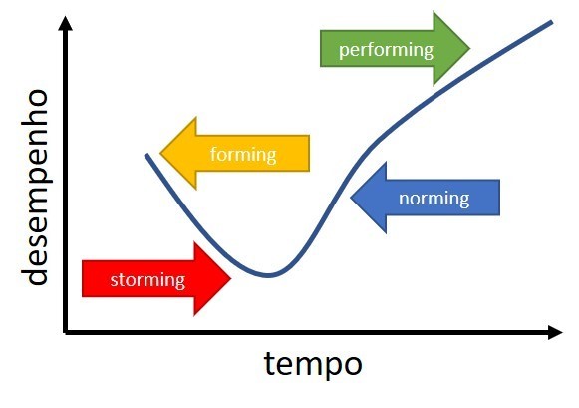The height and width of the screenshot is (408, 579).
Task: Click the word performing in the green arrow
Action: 386,50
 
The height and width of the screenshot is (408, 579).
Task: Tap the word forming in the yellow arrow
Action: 243,154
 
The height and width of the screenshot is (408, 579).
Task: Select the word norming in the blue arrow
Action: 434,199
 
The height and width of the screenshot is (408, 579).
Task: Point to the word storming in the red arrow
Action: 147,280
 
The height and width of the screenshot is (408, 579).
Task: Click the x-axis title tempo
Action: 313,365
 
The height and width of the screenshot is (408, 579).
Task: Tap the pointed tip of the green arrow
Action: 469,48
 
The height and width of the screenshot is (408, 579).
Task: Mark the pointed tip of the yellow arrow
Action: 159,153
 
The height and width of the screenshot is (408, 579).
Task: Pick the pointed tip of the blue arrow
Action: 351,198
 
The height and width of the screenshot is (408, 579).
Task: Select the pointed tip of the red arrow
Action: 231,279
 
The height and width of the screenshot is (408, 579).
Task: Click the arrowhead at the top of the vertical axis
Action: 66,17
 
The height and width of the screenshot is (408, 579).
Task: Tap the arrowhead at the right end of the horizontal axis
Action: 560,332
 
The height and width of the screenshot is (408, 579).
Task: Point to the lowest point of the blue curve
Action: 268,275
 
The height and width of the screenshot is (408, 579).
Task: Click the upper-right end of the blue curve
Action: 552,22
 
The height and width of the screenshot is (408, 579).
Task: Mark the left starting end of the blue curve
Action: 146,155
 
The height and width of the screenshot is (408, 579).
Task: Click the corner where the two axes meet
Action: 66,332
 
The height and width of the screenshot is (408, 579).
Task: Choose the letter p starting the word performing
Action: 344,52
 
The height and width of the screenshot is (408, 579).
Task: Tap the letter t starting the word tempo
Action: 268,363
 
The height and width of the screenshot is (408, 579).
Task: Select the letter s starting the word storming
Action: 114,281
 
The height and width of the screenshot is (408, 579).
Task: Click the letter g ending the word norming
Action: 465,202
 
